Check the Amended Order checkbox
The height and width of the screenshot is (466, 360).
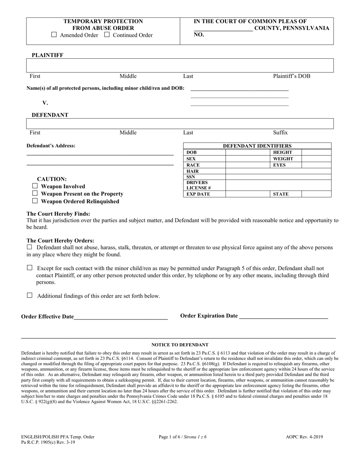[54, 35]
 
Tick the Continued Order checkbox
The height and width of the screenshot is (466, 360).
[107, 35]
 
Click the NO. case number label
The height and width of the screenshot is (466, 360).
[199, 34]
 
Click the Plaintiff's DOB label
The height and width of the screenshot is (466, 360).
[291, 76]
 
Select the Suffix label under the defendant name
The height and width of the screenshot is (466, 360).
[280, 133]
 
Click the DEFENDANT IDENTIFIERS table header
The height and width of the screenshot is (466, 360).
[257, 146]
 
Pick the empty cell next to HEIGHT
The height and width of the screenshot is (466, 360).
[316, 152]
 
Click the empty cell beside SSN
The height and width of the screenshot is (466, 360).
[278, 177]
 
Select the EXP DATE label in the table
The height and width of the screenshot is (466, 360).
[198, 194]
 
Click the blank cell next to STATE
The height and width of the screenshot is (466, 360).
[316, 194]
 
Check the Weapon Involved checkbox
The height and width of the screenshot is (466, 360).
[35, 186]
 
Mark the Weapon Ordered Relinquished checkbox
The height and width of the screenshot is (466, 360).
[35, 201]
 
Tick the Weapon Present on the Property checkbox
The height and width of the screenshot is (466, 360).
[35, 194]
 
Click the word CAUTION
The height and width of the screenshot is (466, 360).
[52, 179]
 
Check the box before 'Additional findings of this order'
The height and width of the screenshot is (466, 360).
[30, 296]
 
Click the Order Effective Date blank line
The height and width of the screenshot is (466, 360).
[121, 317]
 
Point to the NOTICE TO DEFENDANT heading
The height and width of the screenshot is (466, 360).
[180, 345]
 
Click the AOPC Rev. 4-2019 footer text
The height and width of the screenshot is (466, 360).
[304, 437]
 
